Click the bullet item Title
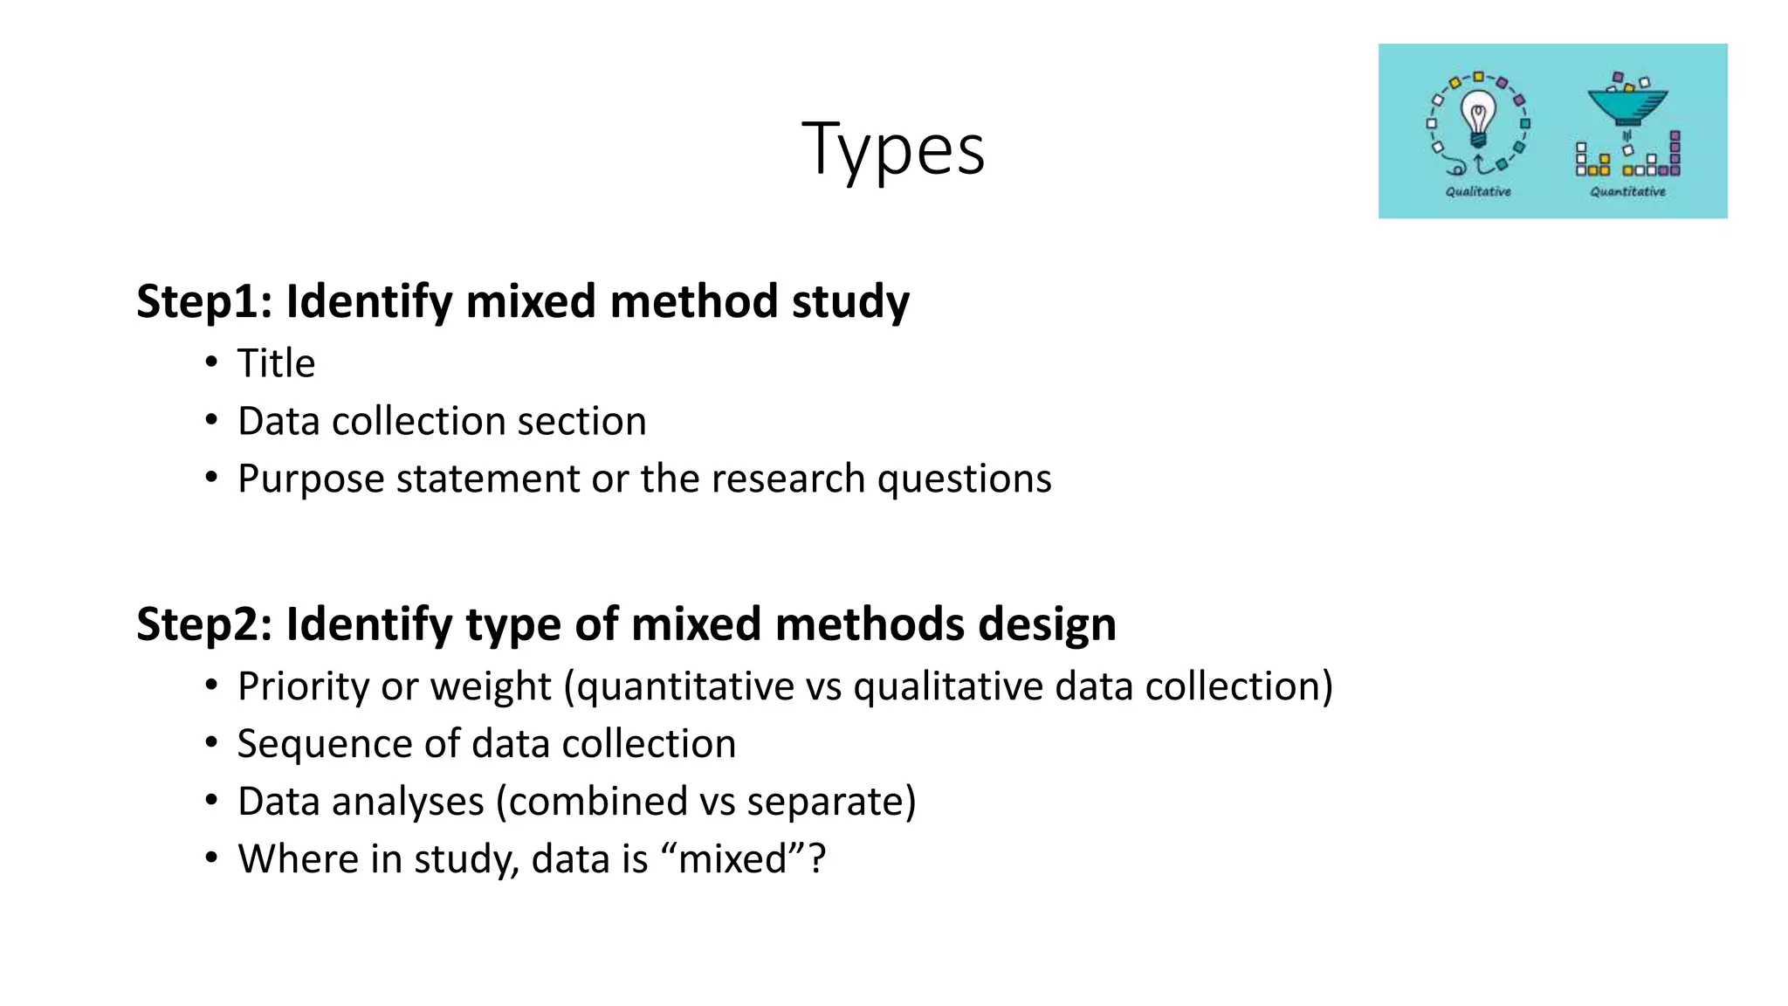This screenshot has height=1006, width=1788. pos(276,363)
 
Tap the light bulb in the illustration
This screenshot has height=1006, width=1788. pos(1478,122)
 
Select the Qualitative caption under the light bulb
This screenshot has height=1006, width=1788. pos(1478,191)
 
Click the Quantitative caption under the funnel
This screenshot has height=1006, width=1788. pos(1627,191)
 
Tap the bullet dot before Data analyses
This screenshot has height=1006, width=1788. pos(211,800)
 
